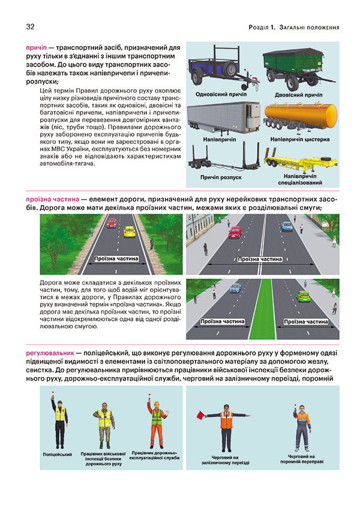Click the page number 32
pos(30,26)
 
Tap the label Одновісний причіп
pos(220,94)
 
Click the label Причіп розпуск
pos(220,177)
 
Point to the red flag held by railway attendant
pos(202,414)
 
